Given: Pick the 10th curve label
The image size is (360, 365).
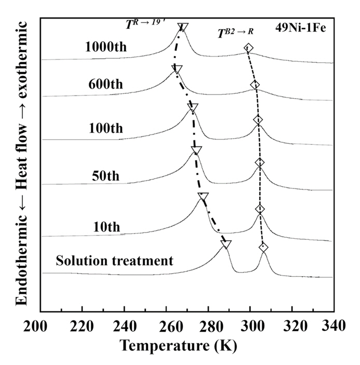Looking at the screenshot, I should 107,226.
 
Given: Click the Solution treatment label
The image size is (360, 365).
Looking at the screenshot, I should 115,260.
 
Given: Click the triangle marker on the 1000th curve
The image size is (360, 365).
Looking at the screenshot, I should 183,28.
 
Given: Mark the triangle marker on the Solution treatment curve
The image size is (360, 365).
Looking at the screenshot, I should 226,244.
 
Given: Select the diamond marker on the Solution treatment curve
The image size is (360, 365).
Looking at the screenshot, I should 264,248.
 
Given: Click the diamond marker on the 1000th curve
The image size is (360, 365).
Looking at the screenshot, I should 248,48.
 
